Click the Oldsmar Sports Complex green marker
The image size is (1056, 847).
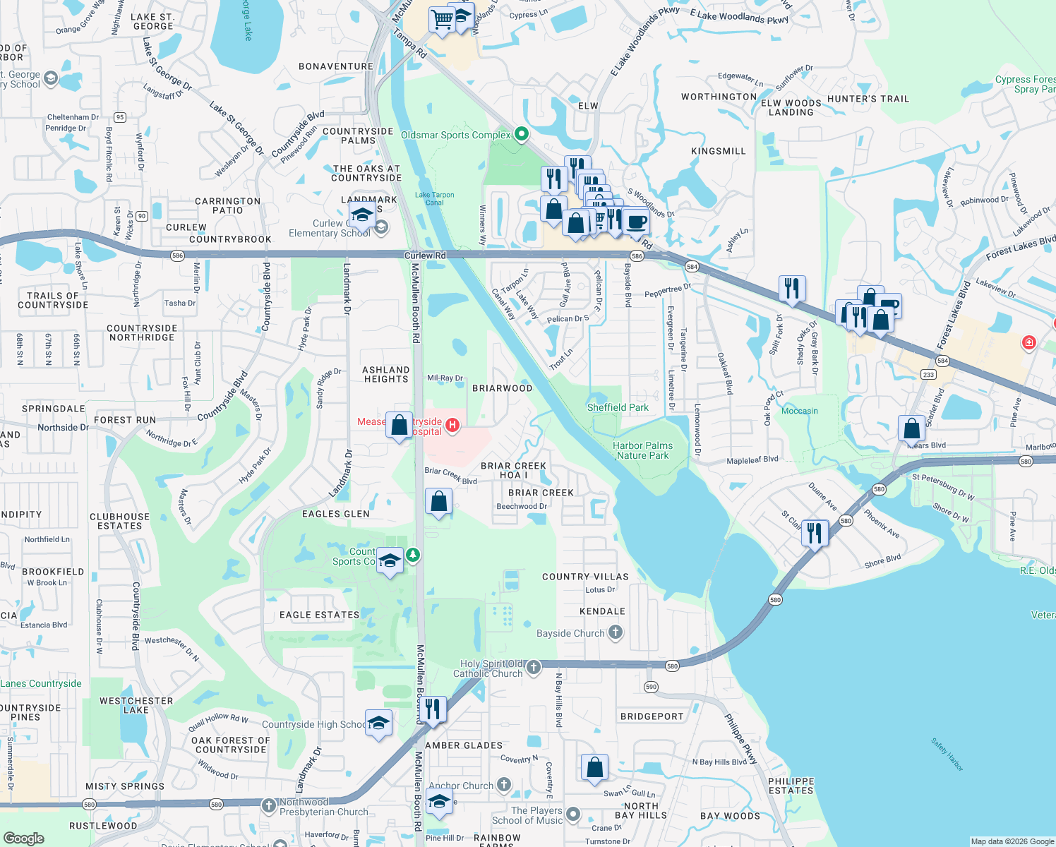pyautogui.click(x=521, y=133)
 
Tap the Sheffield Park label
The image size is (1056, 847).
pyautogui.click(x=618, y=407)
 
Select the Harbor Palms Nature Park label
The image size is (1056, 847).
pyautogui.click(x=642, y=450)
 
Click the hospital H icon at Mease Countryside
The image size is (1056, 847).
pyautogui.click(x=452, y=426)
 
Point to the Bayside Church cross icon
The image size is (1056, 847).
pyautogui.click(x=616, y=632)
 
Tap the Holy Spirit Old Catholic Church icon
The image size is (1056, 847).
pyautogui.click(x=534, y=667)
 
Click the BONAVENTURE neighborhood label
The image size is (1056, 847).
pyautogui.click(x=336, y=66)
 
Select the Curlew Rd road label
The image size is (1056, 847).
pyautogui.click(x=425, y=256)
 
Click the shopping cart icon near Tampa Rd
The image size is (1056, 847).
pyautogui.click(x=442, y=20)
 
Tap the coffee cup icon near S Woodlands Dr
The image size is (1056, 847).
pyautogui.click(x=636, y=221)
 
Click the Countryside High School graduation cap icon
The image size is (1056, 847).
pyautogui.click(x=379, y=723)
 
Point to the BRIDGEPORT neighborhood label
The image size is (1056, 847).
pyautogui.click(x=652, y=716)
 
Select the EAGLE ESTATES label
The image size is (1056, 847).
pyautogui.click(x=320, y=615)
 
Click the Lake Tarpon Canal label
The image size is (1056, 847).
pyautogui.click(x=434, y=198)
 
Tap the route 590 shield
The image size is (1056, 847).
pyautogui.click(x=651, y=687)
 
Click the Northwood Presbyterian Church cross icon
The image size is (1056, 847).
pyautogui.click(x=268, y=805)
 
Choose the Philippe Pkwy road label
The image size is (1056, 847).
pyautogui.click(x=740, y=739)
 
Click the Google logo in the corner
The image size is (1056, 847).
pyautogui.click(x=23, y=838)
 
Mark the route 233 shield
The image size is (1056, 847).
pyautogui.click(x=928, y=375)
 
